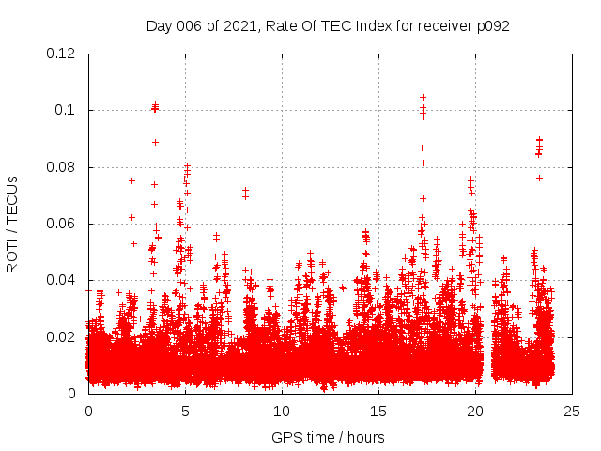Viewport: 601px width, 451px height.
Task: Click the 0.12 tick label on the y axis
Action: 61,54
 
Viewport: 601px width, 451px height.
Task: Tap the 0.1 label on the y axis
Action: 68,110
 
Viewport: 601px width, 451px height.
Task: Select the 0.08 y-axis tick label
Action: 61,167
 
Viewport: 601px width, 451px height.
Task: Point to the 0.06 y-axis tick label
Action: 61,224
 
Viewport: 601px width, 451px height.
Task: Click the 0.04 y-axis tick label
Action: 61,280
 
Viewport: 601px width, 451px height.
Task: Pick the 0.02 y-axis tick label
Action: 61,336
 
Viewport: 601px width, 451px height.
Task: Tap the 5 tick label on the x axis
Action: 185,411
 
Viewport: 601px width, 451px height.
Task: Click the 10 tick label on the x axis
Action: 282,411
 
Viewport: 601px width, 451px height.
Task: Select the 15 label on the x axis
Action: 378,411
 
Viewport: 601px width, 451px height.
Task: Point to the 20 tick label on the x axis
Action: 475,411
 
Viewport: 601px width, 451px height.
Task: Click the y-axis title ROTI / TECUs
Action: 13,224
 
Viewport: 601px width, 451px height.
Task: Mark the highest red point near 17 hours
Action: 423,97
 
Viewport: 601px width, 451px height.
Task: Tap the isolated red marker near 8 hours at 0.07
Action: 245,190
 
